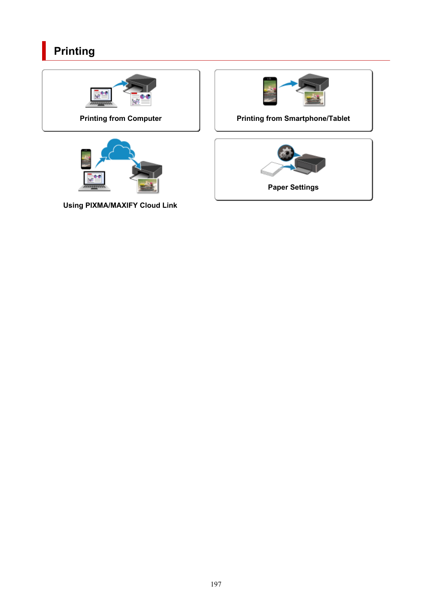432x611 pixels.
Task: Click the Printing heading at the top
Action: tap(74, 51)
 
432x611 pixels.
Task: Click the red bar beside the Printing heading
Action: tap(44, 51)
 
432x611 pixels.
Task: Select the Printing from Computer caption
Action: tap(120, 119)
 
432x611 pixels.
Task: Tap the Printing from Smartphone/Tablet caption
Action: tap(293, 119)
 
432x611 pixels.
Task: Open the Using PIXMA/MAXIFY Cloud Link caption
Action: tap(120, 205)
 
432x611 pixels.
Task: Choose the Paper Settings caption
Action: tap(293, 187)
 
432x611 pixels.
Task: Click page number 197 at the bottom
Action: tap(216, 584)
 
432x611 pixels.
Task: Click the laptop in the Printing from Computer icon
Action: tap(101, 97)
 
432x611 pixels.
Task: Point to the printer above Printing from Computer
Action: tap(141, 84)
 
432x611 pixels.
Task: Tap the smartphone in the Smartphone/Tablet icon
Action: tap(270, 91)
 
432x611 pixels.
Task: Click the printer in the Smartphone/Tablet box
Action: tap(314, 83)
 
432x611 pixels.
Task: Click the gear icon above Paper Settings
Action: tap(286, 153)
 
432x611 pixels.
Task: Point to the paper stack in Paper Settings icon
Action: tap(271, 169)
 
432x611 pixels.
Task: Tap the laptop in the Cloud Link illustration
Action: tap(94, 181)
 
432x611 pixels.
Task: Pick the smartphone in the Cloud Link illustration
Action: tap(86, 159)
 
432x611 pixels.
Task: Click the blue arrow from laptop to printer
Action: tap(120, 84)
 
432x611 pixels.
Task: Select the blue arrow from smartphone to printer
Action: tap(288, 84)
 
